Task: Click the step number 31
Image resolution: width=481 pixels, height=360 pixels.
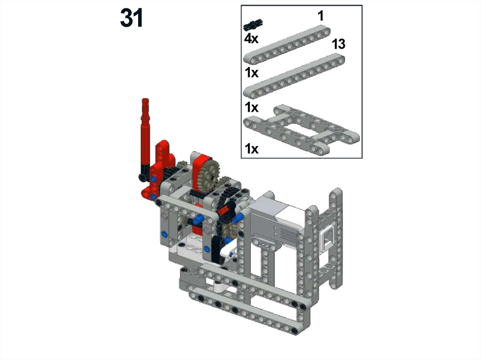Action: (x=132, y=18)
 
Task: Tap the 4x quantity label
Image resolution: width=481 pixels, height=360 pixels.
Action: (x=251, y=38)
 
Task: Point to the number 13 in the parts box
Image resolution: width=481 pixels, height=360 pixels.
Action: (x=339, y=44)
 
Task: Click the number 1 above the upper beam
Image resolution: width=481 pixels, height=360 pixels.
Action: (x=321, y=15)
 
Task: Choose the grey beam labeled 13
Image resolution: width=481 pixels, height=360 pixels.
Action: (x=294, y=76)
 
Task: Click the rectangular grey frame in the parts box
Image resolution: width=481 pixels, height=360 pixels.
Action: (x=301, y=130)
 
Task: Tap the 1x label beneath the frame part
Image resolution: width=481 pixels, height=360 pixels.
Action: (x=252, y=149)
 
